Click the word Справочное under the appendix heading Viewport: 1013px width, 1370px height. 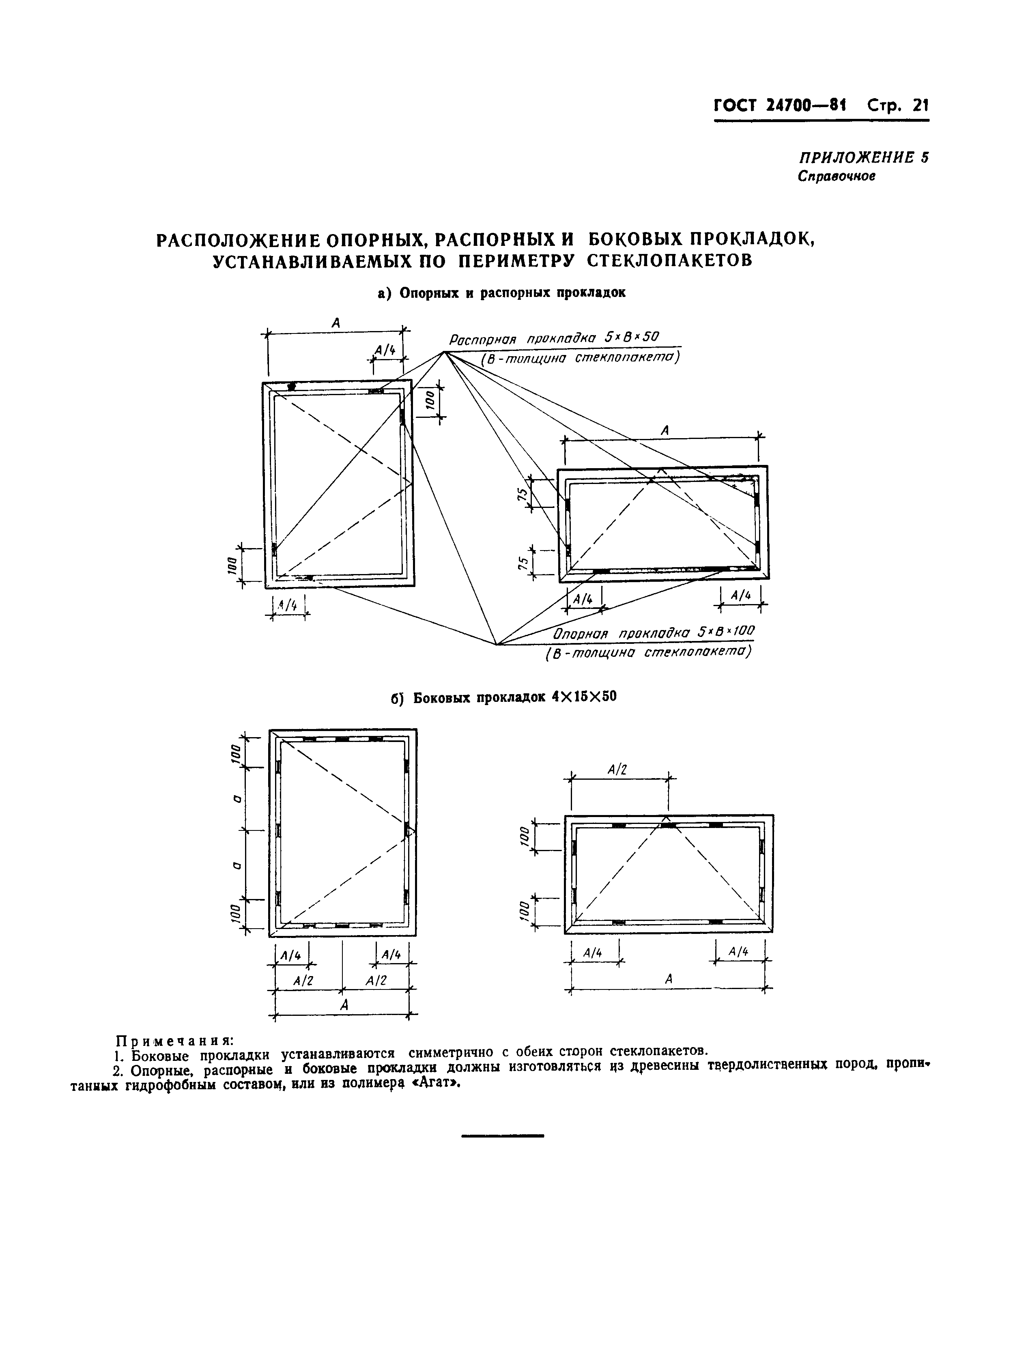click(x=837, y=176)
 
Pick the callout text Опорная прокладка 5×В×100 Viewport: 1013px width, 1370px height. click(x=654, y=632)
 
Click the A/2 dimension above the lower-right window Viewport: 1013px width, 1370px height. click(x=617, y=770)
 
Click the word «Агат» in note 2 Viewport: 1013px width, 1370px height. click(x=436, y=1083)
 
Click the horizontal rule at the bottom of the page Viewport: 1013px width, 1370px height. click(x=502, y=1136)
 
